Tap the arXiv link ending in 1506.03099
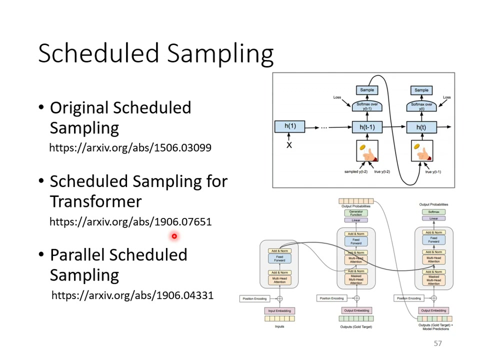coord(130,148)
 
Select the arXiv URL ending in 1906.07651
coord(130,221)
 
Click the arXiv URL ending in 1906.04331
coord(132,295)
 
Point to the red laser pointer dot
coord(174,236)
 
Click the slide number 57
coord(438,343)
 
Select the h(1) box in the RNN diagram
coord(290,126)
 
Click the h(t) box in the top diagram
coord(421,127)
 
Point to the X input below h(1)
coord(289,145)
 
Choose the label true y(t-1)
coord(433,172)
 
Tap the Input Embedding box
coord(279,310)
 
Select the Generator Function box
coord(355,212)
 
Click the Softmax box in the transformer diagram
coord(433,212)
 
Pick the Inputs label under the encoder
coord(279,326)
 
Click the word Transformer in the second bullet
coord(95,201)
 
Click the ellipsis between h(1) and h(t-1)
coord(324,127)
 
